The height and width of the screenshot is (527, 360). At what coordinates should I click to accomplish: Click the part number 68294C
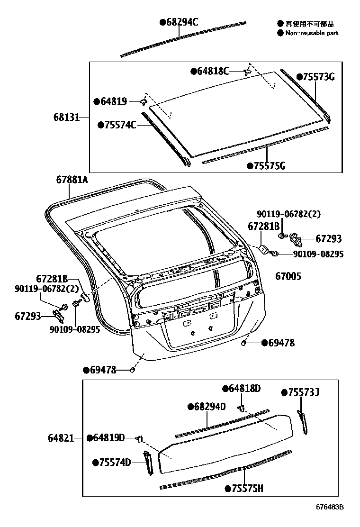181,22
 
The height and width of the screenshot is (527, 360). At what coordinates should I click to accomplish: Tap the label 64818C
213,71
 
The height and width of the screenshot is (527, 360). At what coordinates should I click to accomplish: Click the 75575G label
269,165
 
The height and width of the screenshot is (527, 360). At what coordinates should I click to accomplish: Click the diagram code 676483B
330,507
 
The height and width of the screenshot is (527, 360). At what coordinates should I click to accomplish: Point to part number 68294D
209,407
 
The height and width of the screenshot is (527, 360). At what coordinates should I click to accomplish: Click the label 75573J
303,392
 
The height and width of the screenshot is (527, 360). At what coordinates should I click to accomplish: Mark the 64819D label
108,438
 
